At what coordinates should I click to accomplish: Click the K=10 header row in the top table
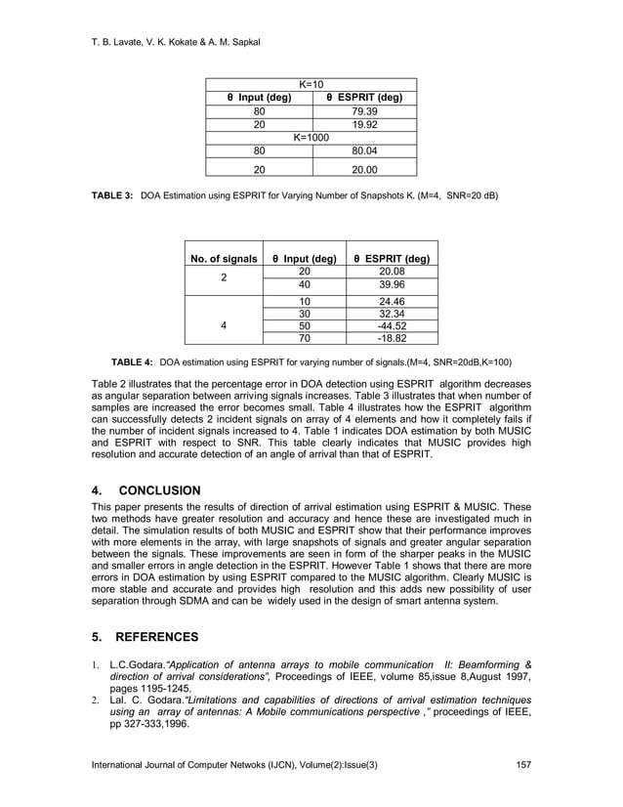311,84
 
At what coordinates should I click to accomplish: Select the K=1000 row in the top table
311,139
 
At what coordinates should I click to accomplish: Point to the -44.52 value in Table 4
394,326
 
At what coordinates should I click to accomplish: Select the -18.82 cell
394,340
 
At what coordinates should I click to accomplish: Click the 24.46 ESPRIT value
394,301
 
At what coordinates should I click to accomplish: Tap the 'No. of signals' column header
224,259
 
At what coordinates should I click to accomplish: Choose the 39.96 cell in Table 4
394,285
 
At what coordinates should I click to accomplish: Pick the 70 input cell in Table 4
305,340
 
